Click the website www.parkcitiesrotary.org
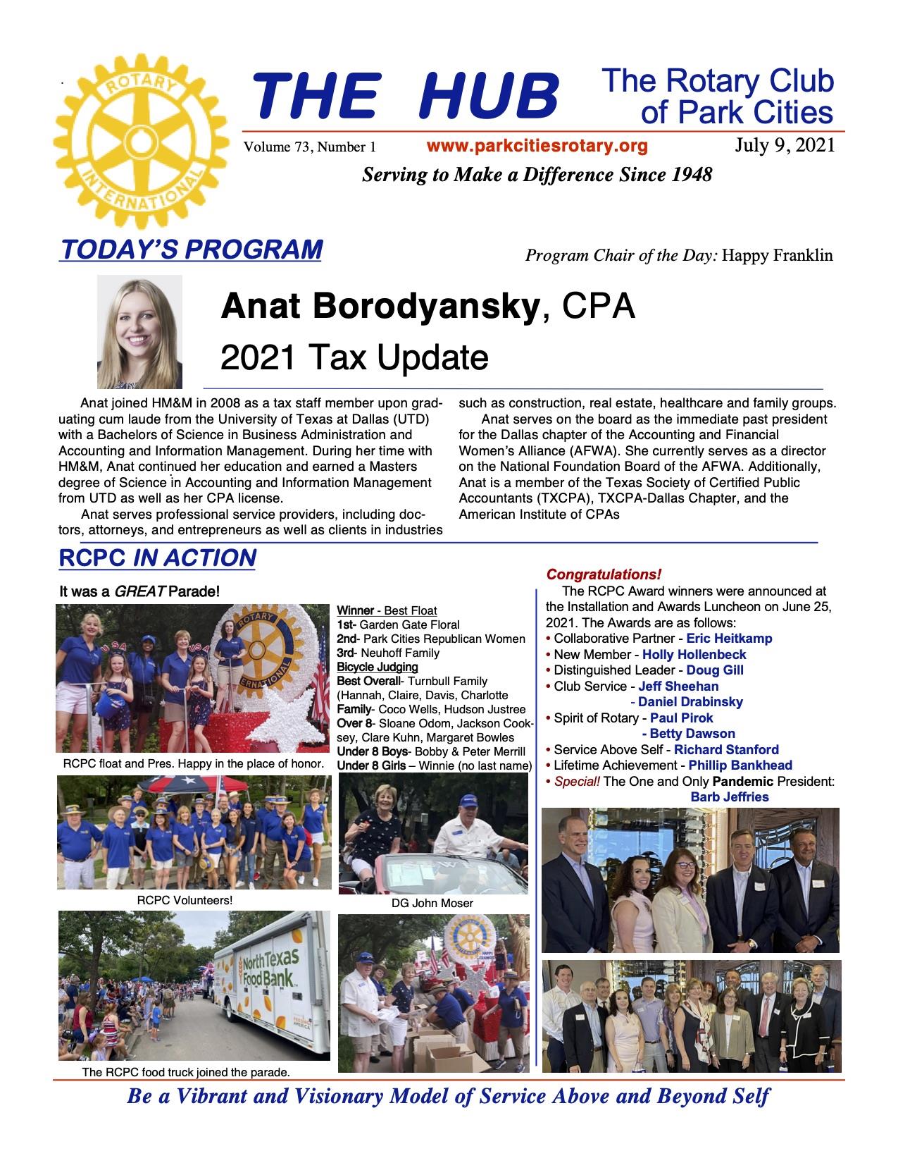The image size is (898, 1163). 537,147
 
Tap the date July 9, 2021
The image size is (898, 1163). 785,146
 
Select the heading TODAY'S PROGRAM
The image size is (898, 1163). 192,250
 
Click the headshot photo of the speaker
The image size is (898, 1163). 139,331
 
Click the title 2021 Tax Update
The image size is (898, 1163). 354,357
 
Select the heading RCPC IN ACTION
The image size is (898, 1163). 157,558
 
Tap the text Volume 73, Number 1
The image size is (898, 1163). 310,147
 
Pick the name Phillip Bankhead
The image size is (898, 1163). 740,765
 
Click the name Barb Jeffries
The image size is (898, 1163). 730,797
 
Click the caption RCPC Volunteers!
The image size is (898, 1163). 185,900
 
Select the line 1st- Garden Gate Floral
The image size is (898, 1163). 398,624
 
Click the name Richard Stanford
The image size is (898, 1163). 726,749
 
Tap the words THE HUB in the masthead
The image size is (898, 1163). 405,97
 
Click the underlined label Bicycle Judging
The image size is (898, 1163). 378,667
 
